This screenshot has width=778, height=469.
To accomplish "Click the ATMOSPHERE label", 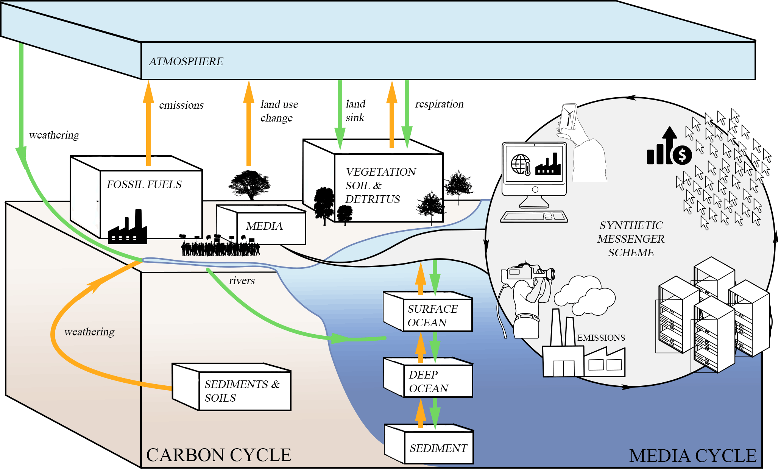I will [x=186, y=61].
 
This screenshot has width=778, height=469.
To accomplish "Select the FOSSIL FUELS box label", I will [x=144, y=184].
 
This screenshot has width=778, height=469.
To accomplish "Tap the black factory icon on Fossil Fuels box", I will [x=128, y=228].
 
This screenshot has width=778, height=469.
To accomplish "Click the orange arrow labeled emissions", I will [x=148, y=125].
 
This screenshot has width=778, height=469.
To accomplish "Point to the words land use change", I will [x=279, y=111].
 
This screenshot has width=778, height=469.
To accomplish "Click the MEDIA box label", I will [x=264, y=226].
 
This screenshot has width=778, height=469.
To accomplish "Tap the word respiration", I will [x=439, y=104].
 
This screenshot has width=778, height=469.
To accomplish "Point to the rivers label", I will [x=242, y=281].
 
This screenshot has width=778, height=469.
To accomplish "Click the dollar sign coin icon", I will [x=682, y=154].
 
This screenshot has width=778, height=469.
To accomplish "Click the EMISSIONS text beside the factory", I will [x=601, y=338].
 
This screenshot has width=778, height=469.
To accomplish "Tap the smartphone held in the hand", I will [x=569, y=116].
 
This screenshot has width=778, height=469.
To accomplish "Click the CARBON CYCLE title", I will [x=218, y=455].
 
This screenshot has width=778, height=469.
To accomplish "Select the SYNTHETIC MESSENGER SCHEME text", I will [x=631, y=239].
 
